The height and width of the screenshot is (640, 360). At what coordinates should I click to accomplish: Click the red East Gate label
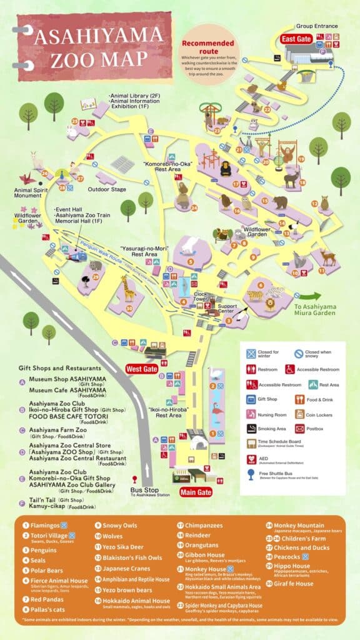(x=296, y=39)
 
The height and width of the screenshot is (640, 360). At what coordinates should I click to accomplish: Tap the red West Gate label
(x=142, y=369)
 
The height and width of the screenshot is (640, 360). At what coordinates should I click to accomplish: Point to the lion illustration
(x=269, y=304)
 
